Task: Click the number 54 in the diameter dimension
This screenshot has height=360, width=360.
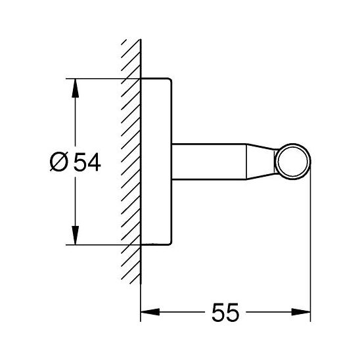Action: (x=87, y=162)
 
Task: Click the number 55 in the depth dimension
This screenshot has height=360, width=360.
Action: (x=225, y=312)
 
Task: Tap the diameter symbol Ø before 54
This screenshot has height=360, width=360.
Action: (x=59, y=162)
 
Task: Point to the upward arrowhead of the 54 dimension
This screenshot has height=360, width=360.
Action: (x=75, y=88)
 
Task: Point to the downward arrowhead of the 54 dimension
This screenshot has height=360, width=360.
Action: (x=75, y=235)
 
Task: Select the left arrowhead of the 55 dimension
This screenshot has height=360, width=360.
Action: (x=150, y=312)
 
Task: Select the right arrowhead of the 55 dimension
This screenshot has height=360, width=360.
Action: (x=301, y=312)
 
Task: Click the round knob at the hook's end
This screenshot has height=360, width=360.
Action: (x=293, y=162)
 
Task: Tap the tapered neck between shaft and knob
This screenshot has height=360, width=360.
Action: (x=261, y=162)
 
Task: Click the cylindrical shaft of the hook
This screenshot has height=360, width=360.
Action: (x=209, y=162)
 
